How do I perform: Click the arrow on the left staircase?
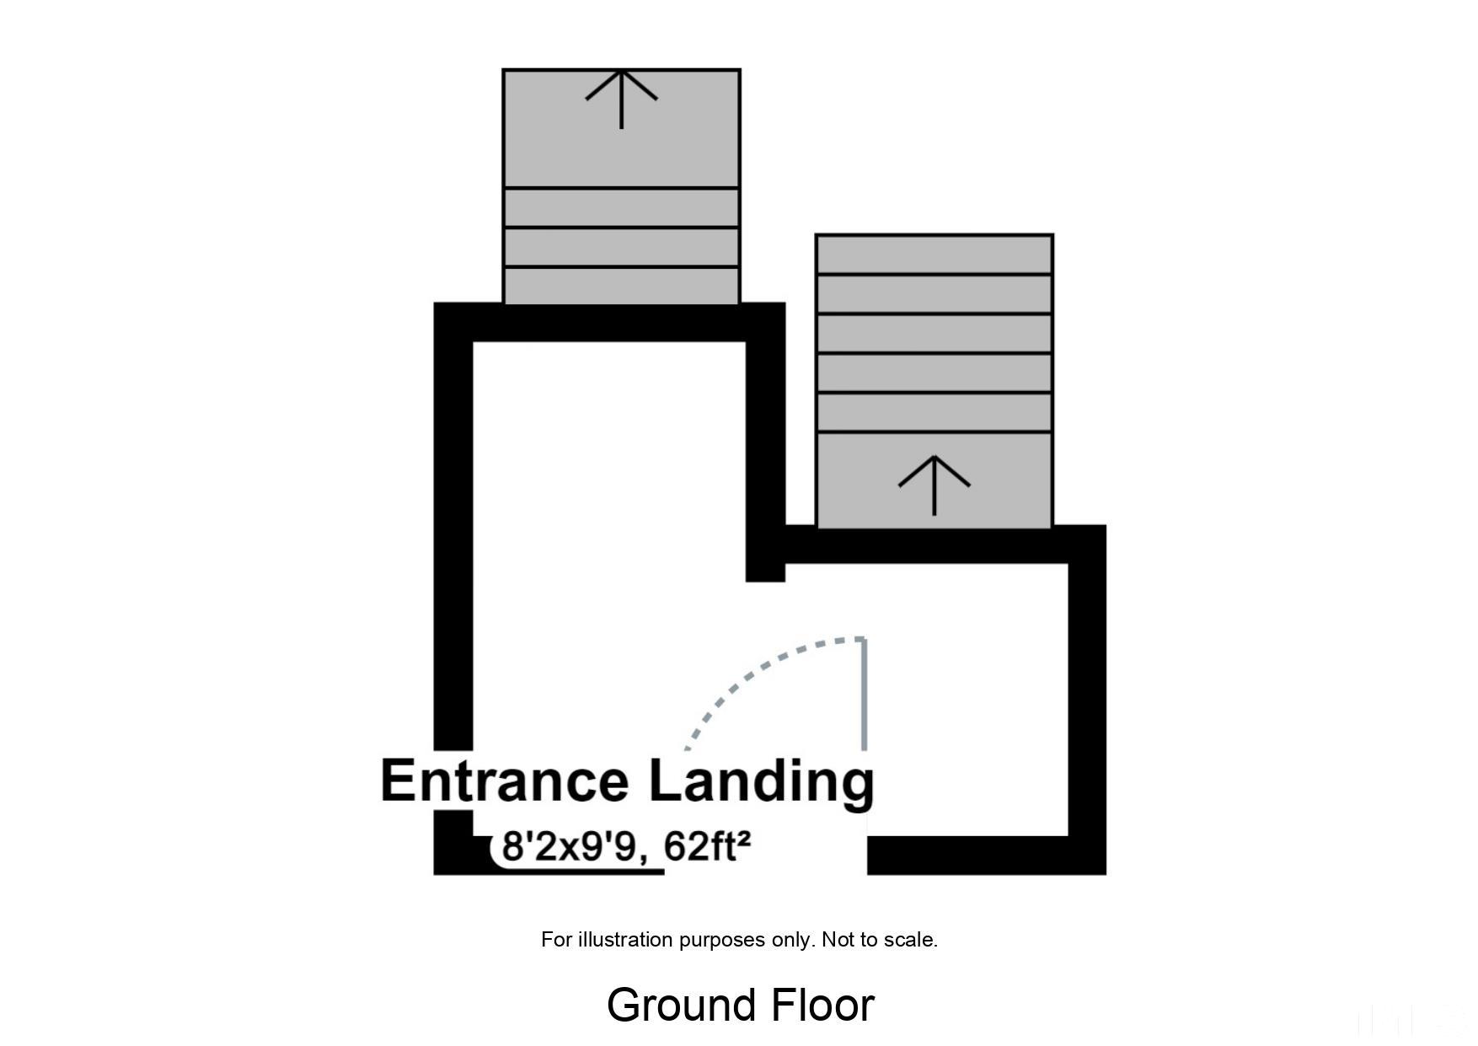tap(621, 99)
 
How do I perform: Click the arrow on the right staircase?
tap(934, 485)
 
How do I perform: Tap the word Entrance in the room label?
tap(505, 780)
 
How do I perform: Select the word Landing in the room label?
tap(762, 782)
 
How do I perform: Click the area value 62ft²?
tap(707, 846)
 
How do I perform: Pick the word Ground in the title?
tap(682, 1006)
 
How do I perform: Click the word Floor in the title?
tap(822, 1006)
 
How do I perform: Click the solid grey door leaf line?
tap(865, 694)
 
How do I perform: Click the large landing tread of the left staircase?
tap(621, 128)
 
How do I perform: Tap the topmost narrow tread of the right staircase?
tap(934, 255)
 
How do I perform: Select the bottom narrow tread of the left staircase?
tap(621, 287)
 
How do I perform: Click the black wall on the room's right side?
tap(1087, 700)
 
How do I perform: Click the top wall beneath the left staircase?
tap(609, 322)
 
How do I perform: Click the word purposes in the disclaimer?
tap(718, 941)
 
